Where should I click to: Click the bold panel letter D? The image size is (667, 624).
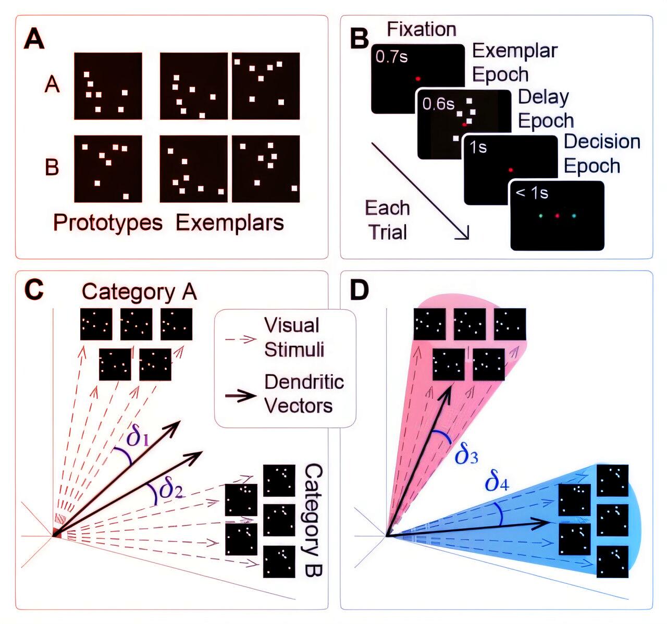[359, 290]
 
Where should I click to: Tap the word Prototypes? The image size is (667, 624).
[108, 223]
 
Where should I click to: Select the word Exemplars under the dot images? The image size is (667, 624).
[230, 223]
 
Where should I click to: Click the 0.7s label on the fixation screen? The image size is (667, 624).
[392, 57]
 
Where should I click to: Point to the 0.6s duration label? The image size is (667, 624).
[438, 104]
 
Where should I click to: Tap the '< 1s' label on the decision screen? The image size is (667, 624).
[532, 193]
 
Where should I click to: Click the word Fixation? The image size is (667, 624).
[422, 29]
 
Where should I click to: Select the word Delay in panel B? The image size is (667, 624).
[544, 97]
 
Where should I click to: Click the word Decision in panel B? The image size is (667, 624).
[602, 142]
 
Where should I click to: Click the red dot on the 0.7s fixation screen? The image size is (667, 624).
[418, 79]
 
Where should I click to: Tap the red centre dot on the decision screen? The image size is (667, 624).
[557, 215]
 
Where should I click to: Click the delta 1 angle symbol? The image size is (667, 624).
[138, 437]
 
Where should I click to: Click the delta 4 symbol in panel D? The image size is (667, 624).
[497, 482]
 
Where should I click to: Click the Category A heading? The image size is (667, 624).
[139, 292]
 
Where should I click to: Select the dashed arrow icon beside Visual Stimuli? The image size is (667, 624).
[240, 339]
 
